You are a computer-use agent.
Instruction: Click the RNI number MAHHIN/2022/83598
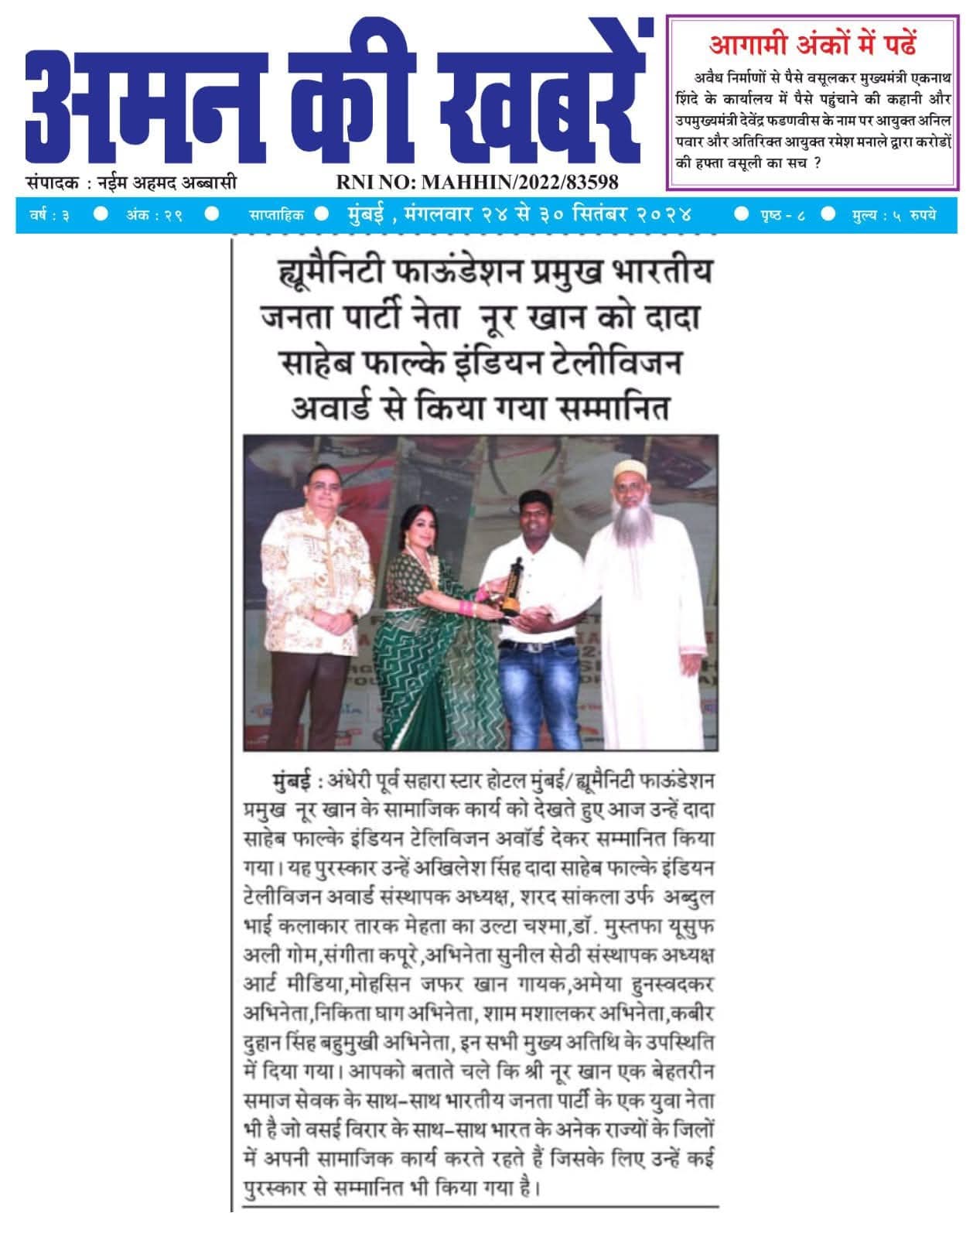[x=476, y=182]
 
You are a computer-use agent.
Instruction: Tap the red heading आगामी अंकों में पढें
[x=812, y=44]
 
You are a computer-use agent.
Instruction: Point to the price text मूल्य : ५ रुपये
[x=893, y=215]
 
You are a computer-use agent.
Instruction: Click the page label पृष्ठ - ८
[x=782, y=215]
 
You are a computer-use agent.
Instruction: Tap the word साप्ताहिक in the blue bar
[x=276, y=215]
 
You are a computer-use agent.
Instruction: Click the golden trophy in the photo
[x=511, y=587]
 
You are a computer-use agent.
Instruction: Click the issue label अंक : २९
[x=155, y=215]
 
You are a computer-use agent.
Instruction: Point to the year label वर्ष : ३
[x=50, y=215]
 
